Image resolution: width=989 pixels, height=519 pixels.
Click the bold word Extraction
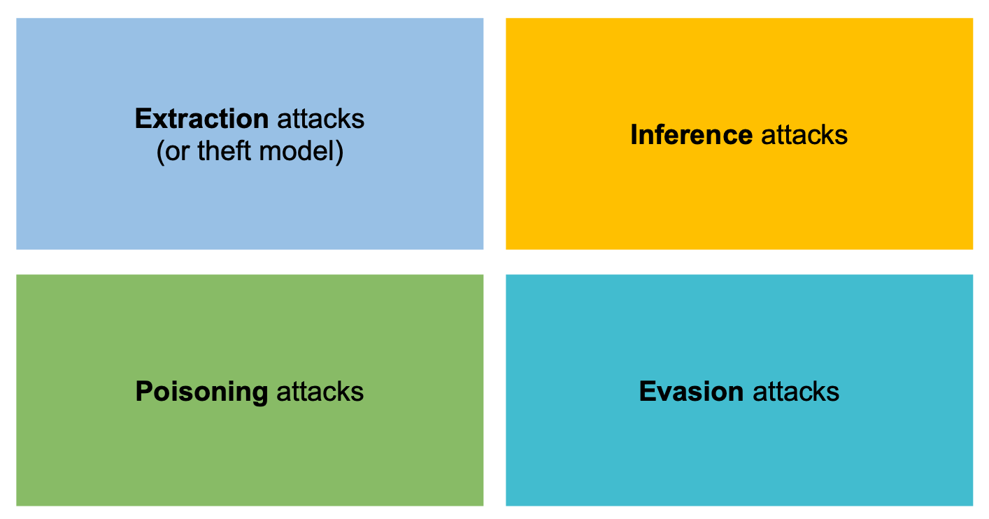(x=201, y=119)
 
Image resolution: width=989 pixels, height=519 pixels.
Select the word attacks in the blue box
(x=321, y=119)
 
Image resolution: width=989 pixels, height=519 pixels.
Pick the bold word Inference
(x=691, y=134)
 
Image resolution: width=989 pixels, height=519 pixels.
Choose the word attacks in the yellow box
(x=804, y=134)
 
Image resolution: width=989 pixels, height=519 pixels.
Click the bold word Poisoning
(x=201, y=392)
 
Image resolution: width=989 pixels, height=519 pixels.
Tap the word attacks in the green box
(x=320, y=391)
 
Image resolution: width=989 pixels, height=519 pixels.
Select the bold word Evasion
(x=691, y=391)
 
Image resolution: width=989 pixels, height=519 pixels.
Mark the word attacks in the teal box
(x=796, y=391)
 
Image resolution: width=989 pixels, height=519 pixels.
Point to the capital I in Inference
(x=634, y=134)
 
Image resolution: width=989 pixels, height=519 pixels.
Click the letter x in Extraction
(x=159, y=120)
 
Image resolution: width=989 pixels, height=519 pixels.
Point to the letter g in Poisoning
(x=259, y=394)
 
